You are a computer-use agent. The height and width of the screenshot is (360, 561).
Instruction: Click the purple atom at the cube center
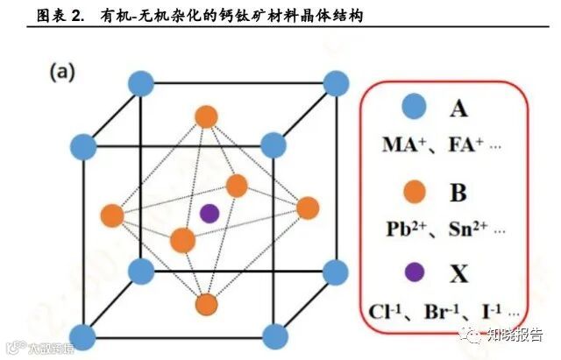pyautogui.click(x=209, y=212)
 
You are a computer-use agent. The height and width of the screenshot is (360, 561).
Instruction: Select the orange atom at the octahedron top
pyautogui.click(x=206, y=116)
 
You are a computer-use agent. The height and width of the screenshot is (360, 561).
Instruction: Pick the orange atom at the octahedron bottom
pyautogui.click(x=206, y=304)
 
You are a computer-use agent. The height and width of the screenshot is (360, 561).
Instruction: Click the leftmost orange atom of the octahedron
pyautogui.click(x=111, y=214)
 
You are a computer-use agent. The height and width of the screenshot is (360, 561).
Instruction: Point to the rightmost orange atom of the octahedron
pyautogui.click(x=307, y=208)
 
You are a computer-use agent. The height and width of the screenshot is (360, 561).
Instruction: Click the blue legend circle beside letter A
pyautogui.click(x=415, y=108)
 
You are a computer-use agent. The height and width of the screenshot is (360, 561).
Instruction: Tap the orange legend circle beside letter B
pyautogui.click(x=415, y=190)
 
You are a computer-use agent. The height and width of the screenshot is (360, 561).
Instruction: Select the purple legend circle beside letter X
pyautogui.click(x=415, y=273)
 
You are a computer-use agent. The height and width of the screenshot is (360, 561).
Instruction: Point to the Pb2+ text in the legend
pyautogui.click(x=410, y=229)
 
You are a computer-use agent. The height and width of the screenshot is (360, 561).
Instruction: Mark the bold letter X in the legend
pyautogui.click(x=458, y=274)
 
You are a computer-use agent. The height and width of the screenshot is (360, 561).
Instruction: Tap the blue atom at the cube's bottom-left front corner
pyautogui.click(x=83, y=335)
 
